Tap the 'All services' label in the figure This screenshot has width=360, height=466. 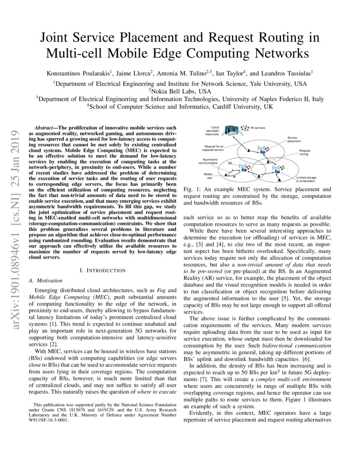tap(258, 128)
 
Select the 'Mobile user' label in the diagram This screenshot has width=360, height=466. tap(208, 175)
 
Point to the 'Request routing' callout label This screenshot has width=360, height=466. tap(304, 152)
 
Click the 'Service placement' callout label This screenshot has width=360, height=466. tap(294, 139)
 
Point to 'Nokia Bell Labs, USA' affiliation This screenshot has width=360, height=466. tap(180, 91)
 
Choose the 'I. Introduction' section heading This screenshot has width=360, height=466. tap(102, 270)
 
